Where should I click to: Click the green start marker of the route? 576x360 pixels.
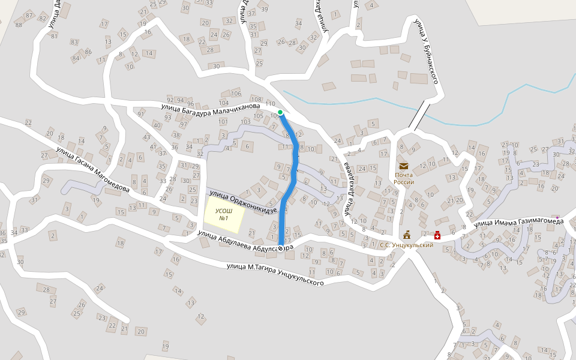(280, 112)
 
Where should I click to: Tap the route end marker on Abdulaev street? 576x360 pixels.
(281, 247)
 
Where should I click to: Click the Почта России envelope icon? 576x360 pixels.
(403, 166)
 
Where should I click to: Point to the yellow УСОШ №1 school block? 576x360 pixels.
(224, 215)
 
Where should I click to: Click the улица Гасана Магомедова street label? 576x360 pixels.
(93, 170)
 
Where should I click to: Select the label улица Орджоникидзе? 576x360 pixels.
(242, 201)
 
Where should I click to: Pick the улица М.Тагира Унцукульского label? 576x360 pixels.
(275, 274)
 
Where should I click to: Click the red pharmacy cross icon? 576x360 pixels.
(437, 235)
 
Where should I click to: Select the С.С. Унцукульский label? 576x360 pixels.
(406, 245)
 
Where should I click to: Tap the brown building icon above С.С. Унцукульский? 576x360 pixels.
(407, 234)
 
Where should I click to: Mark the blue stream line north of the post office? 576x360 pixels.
(360, 103)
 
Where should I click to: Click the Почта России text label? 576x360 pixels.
(404, 179)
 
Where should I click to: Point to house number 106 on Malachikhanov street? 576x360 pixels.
(236, 94)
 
